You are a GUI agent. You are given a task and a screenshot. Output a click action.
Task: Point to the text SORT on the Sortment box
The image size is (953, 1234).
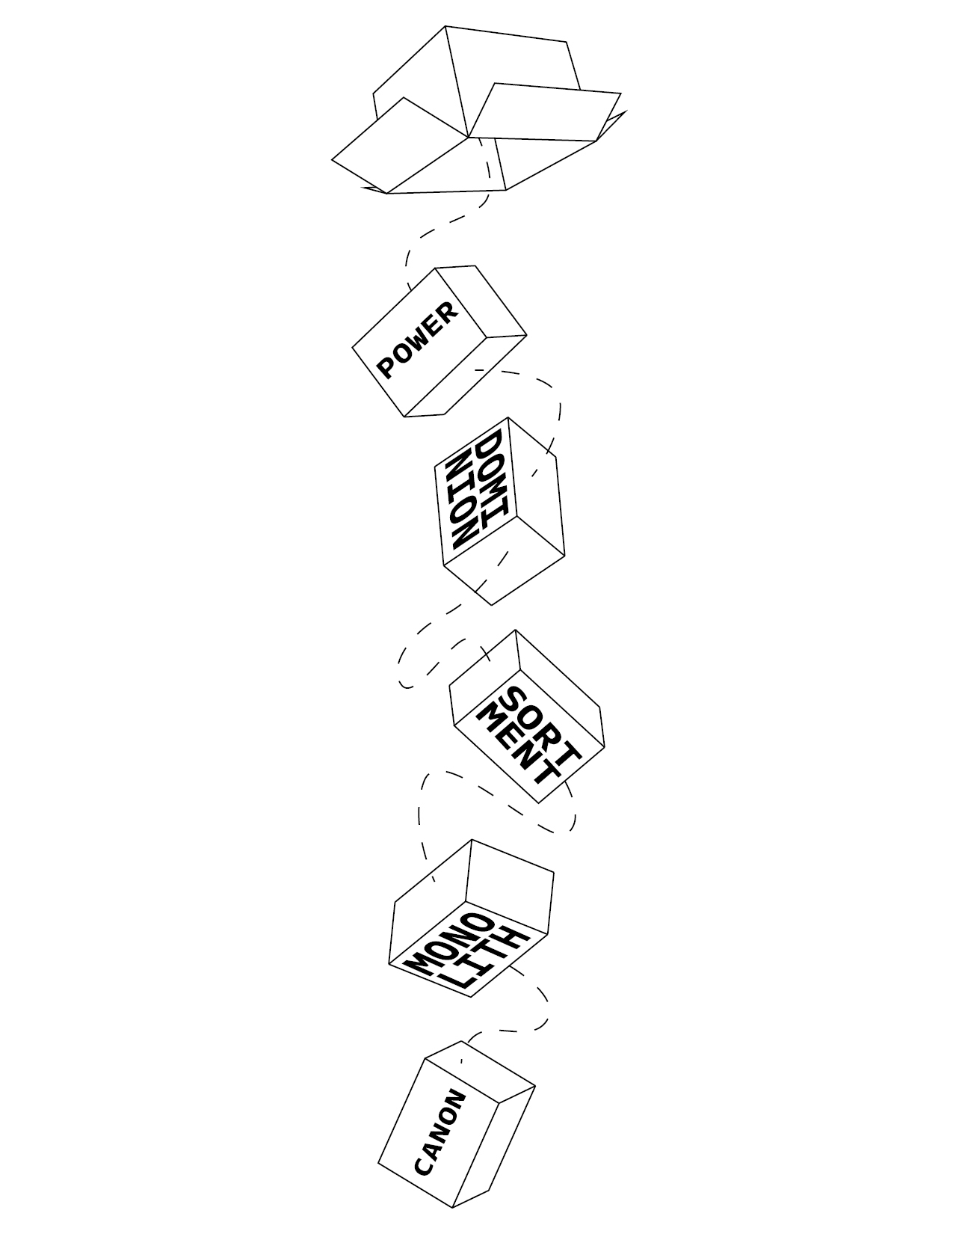click(x=542, y=726)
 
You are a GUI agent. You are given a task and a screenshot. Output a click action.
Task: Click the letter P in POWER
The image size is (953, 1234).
click(x=386, y=369)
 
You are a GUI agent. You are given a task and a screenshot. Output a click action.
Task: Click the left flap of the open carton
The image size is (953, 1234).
click(x=400, y=145)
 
